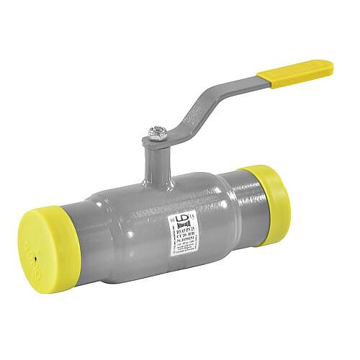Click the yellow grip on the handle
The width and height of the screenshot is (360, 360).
pos(295,73)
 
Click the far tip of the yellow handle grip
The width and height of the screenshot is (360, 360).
pos(330,66)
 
